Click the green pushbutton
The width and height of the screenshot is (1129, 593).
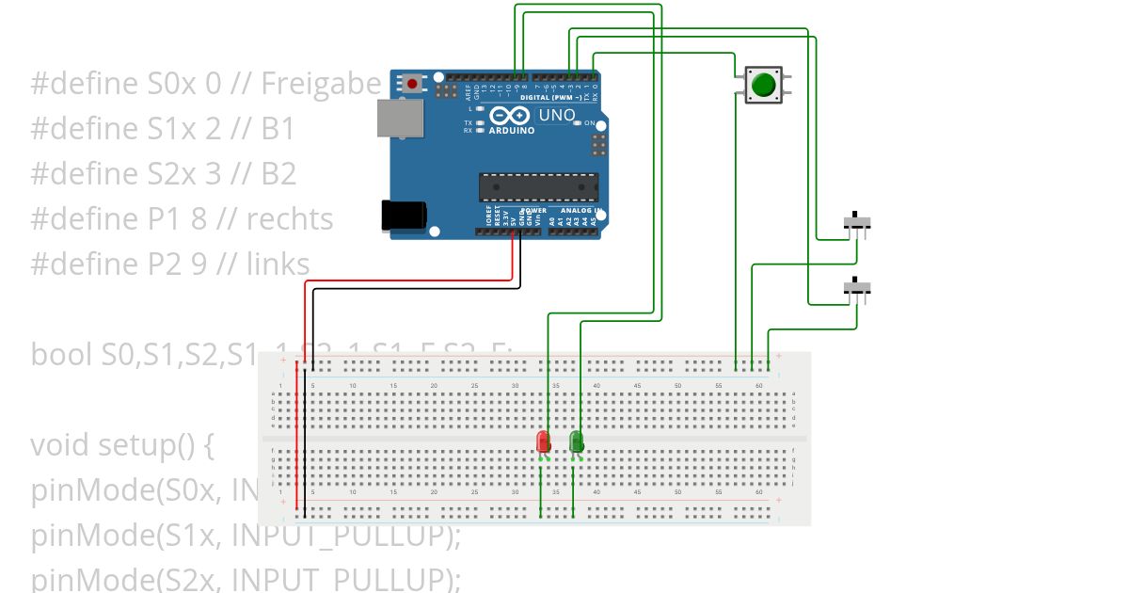coord(762,86)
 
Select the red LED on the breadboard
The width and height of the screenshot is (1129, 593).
coord(543,441)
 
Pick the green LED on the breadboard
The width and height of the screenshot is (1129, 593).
coord(577,441)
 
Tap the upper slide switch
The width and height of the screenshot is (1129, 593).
coord(856,222)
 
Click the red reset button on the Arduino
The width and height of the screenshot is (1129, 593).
coord(411,83)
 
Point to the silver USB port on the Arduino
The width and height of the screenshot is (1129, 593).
coord(399,119)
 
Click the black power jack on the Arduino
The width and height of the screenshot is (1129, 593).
coord(404,216)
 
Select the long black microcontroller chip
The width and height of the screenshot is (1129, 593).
coord(537,186)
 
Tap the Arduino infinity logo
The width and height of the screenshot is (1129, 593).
coord(509,116)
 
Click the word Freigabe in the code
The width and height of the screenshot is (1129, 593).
coord(321,84)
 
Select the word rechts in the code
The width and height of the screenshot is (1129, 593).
coord(290,218)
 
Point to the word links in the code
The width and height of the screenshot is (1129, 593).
coord(278,264)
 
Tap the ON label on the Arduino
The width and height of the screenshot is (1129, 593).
coord(589,123)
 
